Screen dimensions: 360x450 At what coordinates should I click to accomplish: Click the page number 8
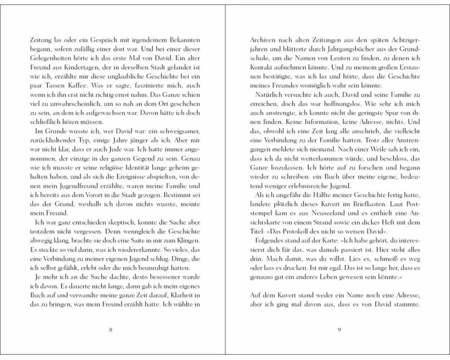(111, 329)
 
